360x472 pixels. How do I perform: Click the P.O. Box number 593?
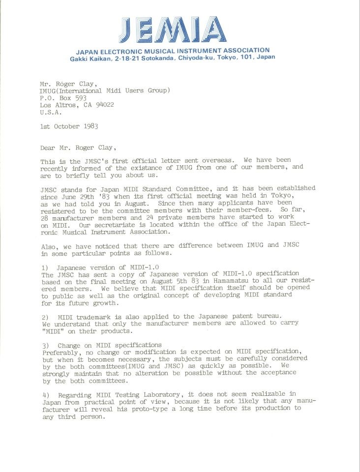pos(80,98)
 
